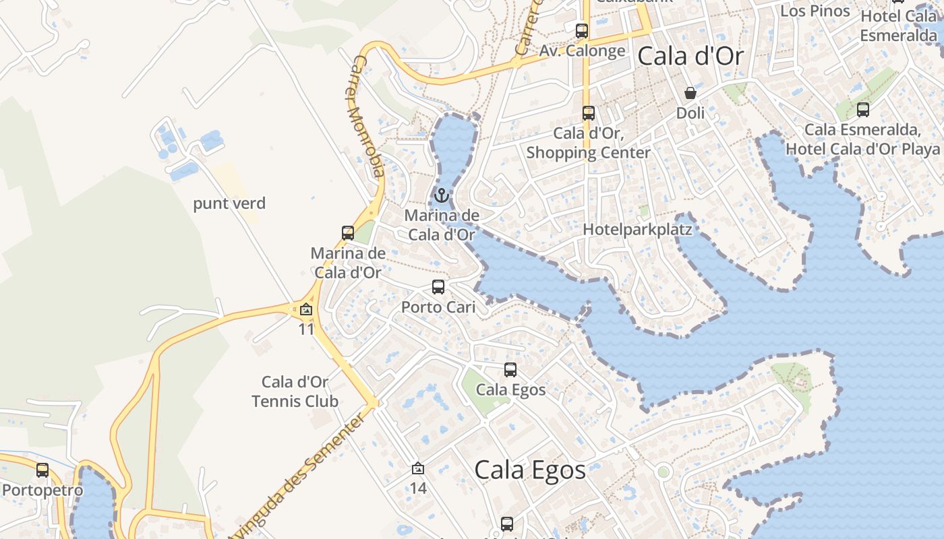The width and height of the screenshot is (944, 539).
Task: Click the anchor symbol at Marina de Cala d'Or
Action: pos(442,195)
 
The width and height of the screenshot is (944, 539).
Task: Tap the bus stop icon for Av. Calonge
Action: pos(582,30)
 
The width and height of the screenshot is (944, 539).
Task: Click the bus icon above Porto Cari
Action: pos(438,287)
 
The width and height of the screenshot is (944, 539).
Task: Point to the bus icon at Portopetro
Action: pos(42,470)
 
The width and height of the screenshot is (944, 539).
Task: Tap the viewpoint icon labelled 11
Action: pos(306,310)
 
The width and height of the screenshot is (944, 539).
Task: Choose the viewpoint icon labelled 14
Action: pos(418,468)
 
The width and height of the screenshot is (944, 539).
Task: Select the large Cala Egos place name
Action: pos(530,470)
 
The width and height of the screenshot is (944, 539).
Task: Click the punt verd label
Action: pos(229,203)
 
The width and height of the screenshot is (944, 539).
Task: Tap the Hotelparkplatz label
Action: pos(637,229)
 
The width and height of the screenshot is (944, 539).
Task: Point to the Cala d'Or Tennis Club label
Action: pos(295,391)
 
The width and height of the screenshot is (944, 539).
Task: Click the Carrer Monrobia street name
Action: pos(367,117)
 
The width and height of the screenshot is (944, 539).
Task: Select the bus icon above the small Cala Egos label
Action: pos(510,369)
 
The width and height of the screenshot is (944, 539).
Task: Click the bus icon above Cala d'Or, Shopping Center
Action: pos(589,113)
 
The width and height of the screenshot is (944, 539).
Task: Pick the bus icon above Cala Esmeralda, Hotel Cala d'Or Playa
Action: pos(862,109)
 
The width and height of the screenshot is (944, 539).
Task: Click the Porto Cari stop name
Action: pos(438,307)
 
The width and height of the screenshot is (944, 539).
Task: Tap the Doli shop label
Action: pos(690,113)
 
